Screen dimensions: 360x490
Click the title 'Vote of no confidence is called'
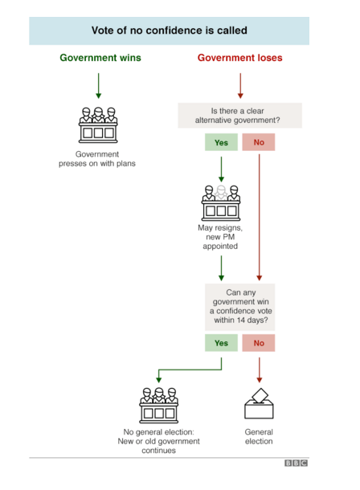(169, 31)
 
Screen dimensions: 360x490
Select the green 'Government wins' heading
(100, 58)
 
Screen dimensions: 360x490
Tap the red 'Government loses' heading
(239, 58)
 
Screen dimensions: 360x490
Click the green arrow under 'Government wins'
(98, 86)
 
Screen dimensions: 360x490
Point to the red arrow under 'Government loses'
(240, 86)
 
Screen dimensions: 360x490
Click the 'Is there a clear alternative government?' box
(239, 116)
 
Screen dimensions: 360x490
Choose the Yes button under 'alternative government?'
(221, 142)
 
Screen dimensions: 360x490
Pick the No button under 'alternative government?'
(259, 142)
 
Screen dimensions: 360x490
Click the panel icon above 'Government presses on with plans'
(98, 125)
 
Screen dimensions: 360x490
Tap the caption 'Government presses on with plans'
(97, 159)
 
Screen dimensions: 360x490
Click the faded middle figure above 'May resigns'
(221, 193)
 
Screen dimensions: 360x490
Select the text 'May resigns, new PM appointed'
(220, 237)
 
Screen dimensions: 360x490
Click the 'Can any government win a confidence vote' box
(239, 307)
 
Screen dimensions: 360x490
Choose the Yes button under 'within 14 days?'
(221, 343)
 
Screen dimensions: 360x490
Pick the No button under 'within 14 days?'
(259, 343)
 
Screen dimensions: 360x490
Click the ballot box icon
(259, 403)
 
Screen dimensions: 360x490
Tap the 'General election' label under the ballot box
(259, 436)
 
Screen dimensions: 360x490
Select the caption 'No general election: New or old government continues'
(159, 441)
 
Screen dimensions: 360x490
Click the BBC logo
(296, 463)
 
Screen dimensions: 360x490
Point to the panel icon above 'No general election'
(159, 406)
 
